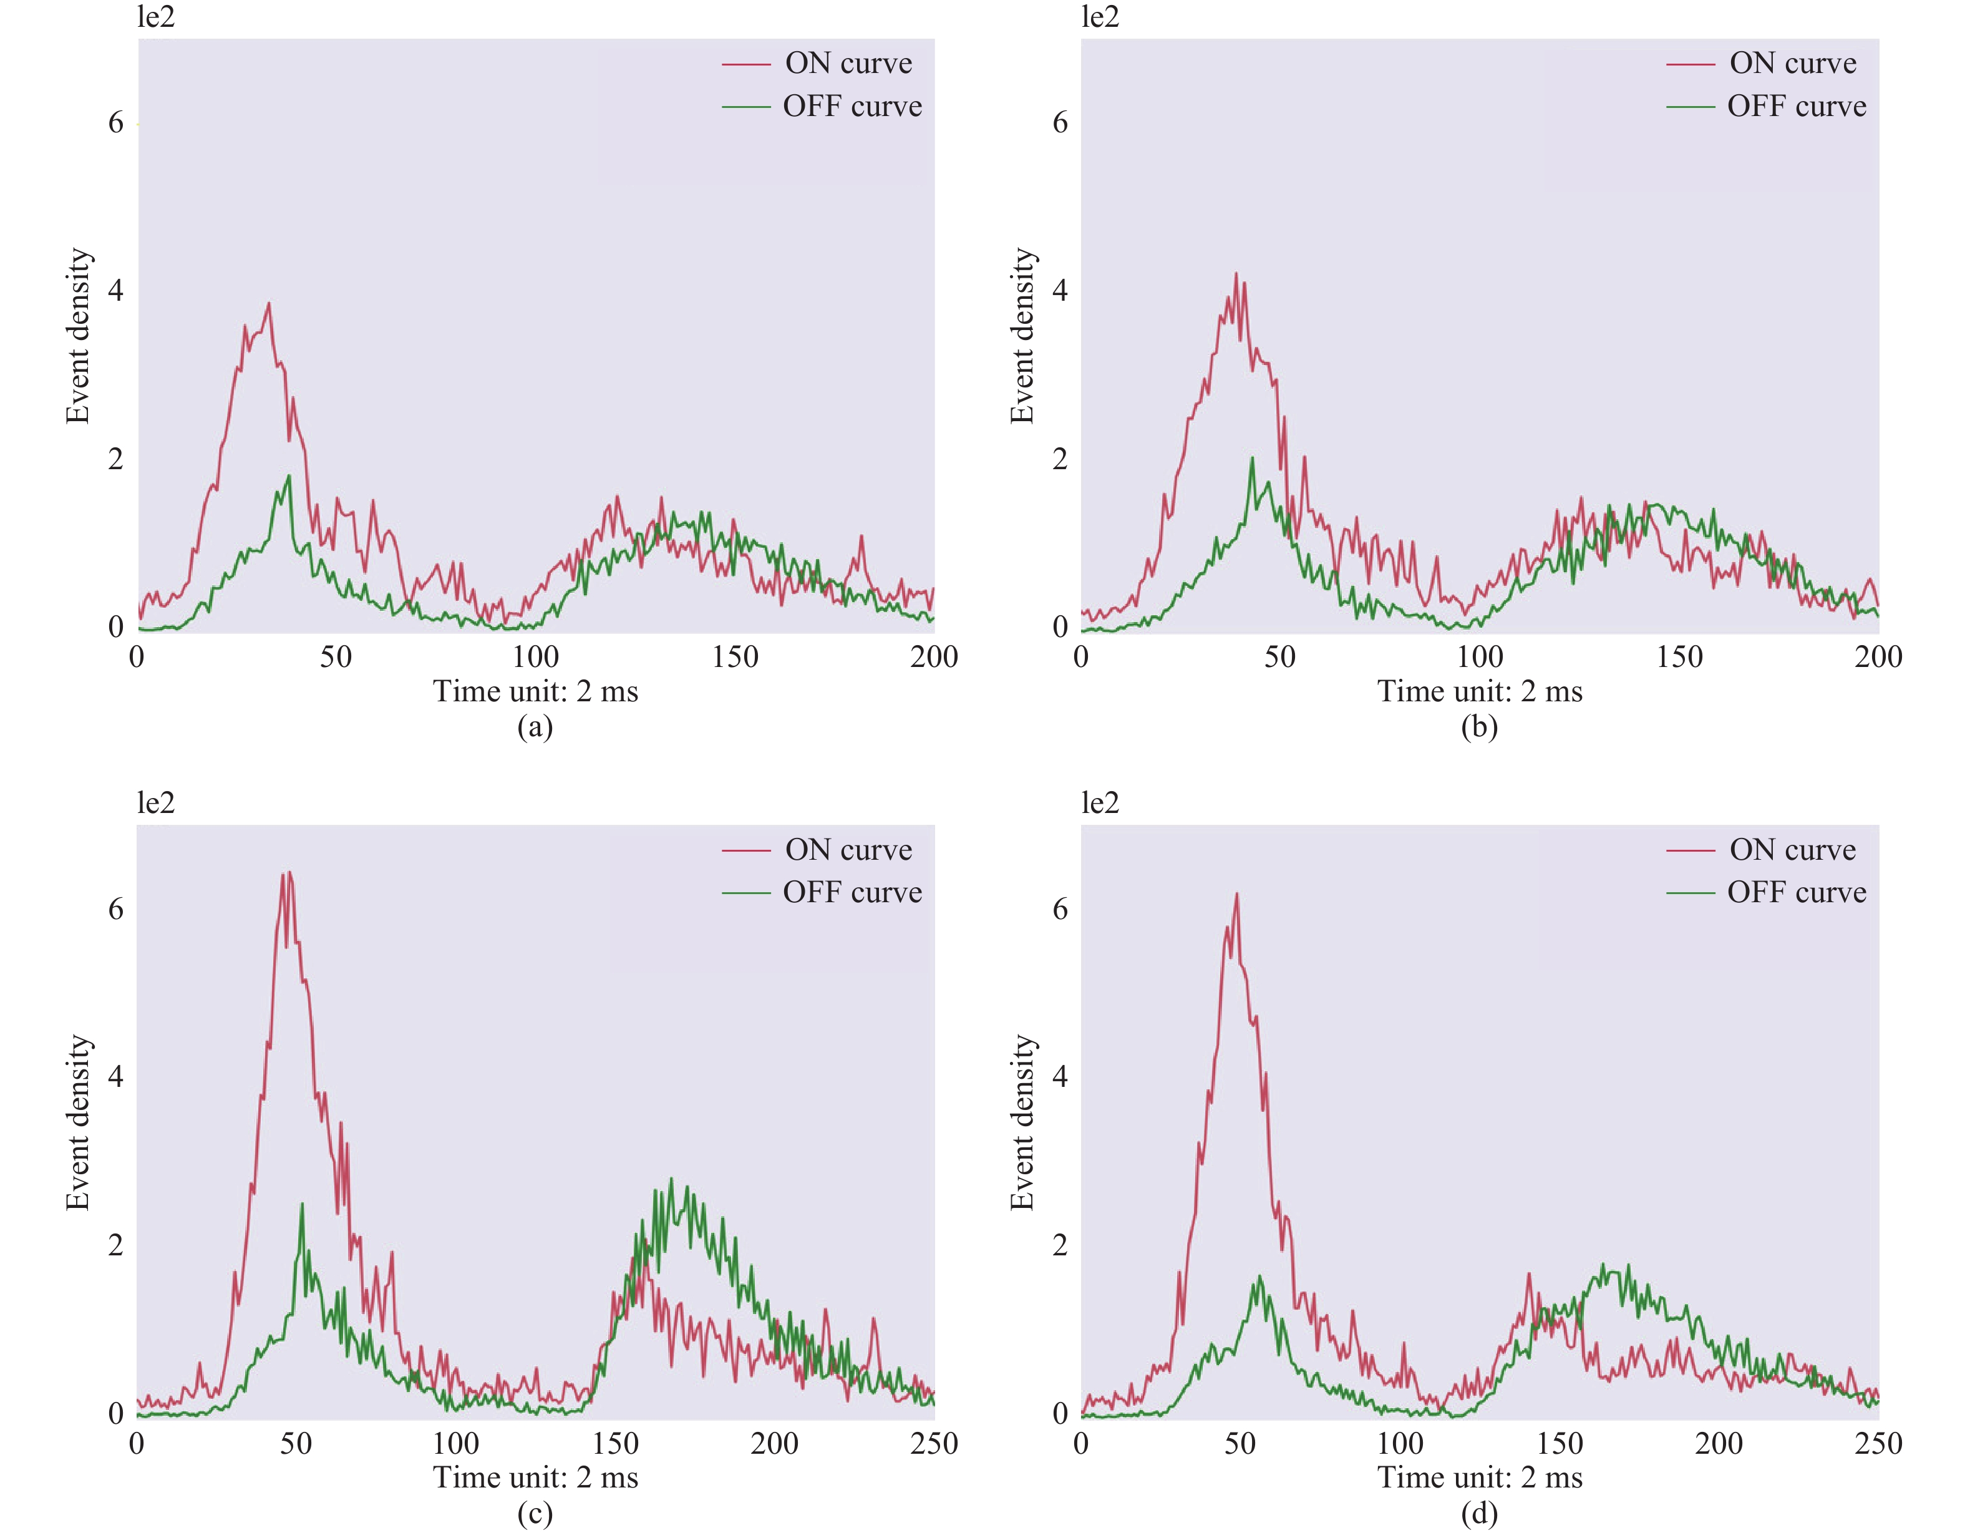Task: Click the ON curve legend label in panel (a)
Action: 848,64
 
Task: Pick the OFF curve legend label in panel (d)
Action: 1797,892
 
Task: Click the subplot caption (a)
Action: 535,726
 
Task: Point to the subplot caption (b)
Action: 1479,726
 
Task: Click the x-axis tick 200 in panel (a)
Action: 934,657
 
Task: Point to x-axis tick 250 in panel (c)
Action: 934,1444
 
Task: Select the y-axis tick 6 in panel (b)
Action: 1060,122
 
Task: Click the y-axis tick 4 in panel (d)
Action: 1060,1077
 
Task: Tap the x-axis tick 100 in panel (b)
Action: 1479,657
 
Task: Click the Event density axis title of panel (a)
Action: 79,336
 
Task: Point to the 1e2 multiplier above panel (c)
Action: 156,802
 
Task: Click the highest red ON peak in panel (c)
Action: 288,872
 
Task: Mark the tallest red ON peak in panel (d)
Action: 1237,893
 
